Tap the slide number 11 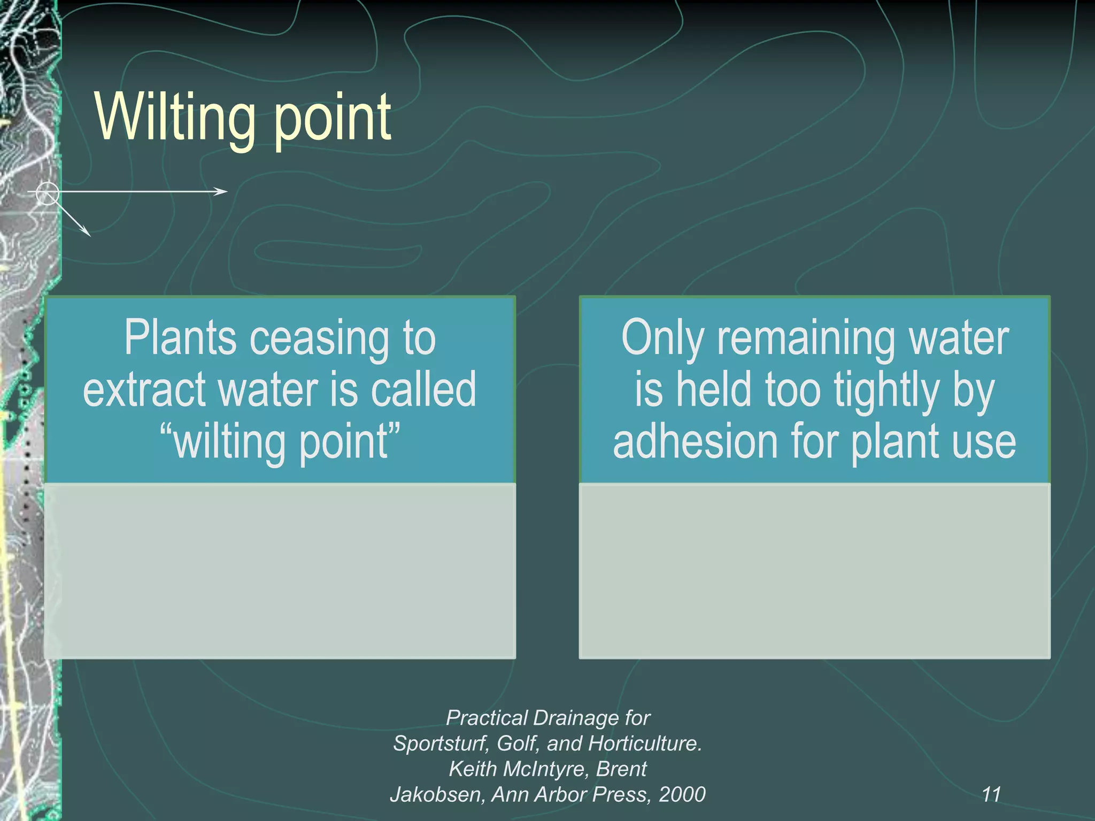[991, 794]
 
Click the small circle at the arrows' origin [48, 193]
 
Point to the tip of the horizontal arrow [227, 191]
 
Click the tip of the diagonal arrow [90, 236]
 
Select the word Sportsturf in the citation [441, 743]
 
